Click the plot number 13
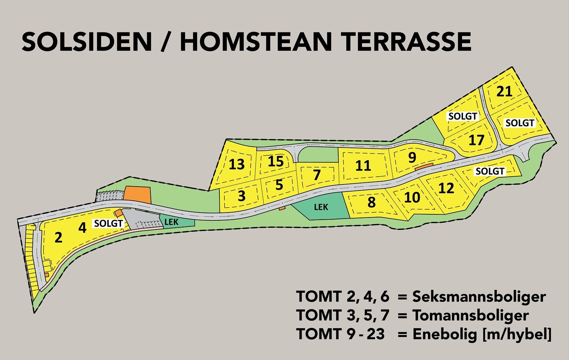click(236, 164)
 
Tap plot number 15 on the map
click(276, 161)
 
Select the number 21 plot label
click(504, 91)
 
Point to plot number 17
click(476, 140)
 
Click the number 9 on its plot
click(412, 157)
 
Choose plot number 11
click(363, 166)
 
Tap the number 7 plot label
click(317, 175)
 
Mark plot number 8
click(371, 202)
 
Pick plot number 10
click(412, 197)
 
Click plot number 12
click(446, 188)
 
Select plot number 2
click(59, 237)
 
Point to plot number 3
click(241, 196)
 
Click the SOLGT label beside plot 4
click(108, 224)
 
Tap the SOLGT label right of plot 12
click(490, 171)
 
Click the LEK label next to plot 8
click(321, 206)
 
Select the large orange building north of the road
click(137, 194)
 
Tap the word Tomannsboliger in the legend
click(470, 315)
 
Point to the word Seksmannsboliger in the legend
click(479, 296)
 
